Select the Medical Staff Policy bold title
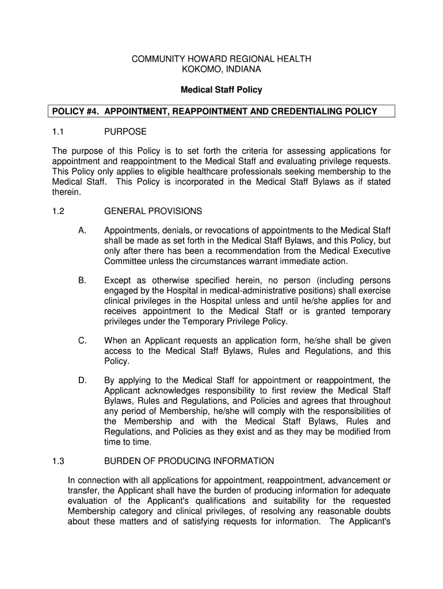click(x=221, y=90)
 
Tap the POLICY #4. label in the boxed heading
click(x=76, y=111)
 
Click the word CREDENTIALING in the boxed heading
click(x=300, y=111)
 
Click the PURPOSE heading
click(x=125, y=132)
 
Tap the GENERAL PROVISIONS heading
click(x=152, y=211)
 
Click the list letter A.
click(x=82, y=231)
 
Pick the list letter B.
click(x=82, y=280)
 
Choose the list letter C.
click(x=82, y=341)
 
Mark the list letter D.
click(x=82, y=380)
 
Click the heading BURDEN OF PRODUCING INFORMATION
click(x=189, y=461)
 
